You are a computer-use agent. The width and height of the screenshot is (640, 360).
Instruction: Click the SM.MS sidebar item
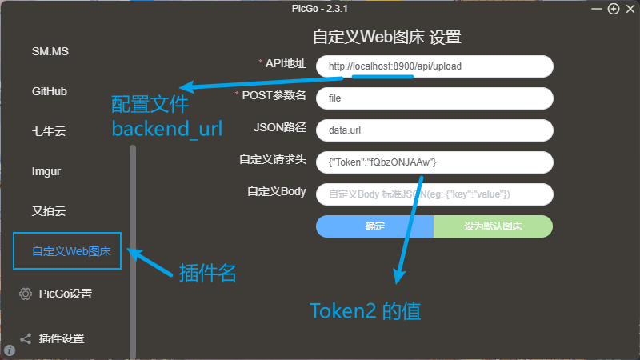[x=50, y=51]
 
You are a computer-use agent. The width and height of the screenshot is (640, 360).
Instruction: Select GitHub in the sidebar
[x=50, y=91]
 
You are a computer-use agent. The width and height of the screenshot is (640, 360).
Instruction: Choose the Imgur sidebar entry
[x=46, y=171]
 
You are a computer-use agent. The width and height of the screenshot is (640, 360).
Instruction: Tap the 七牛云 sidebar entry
[x=49, y=131]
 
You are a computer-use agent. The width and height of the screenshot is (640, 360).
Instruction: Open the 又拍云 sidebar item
[x=49, y=211]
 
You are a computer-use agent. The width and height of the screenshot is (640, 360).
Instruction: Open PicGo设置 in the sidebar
[x=66, y=294]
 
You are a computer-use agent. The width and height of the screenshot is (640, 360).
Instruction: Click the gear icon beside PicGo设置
[x=26, y=294]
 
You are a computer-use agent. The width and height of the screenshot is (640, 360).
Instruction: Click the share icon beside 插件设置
[x=26, y=338]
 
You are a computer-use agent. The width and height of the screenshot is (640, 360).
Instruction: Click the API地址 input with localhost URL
[x=434, y=66]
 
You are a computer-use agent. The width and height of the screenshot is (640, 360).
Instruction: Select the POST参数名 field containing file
[x=434, y=98]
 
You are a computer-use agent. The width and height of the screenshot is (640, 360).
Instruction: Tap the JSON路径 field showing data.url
[x=434, y=130]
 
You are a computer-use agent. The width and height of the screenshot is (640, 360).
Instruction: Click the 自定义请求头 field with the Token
[x=434, y=162]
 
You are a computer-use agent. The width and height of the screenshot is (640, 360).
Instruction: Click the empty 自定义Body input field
[x=434, y=194]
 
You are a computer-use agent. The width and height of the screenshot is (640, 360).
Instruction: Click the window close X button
[x=630, y=9]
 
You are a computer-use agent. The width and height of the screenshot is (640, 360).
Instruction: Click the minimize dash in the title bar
[x=597, y=9]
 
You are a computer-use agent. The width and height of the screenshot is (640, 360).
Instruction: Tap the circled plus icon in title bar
[x=614, y=9]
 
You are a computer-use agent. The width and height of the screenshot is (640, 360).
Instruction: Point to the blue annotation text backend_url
[x=167, y=129]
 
